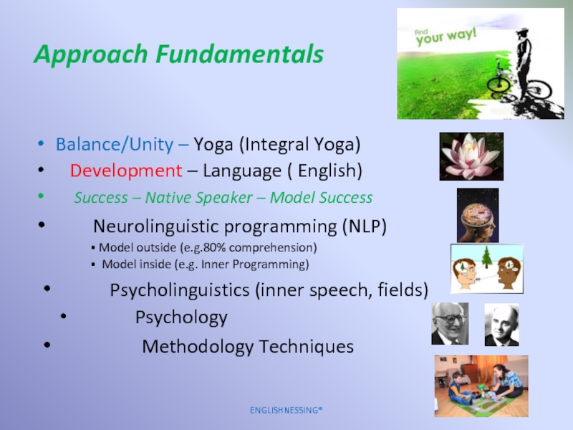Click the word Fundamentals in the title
point(240,54)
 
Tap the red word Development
point(126,171)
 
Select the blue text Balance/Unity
point(115,144)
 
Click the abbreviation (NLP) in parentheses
point(365,226)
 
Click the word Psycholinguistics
point(180,290)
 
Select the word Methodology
point(198,346)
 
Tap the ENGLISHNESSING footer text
point(286,410)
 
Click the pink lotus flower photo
point(471,156)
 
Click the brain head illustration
point(478,216)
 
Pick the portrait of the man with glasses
point(450,324)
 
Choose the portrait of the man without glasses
point(502,325)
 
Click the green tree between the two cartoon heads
point(486,257)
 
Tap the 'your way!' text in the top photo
point(446,37)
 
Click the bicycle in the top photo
point(519,83)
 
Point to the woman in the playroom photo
point(507,381)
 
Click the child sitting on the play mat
point(461,389)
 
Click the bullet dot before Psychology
point(64,316)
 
